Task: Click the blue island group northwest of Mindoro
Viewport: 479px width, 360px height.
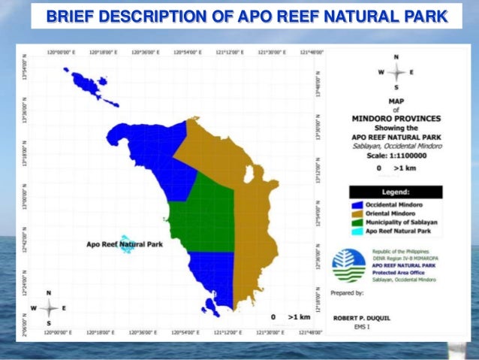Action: (x=89, y=86)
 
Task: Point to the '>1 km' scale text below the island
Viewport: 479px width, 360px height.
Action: (x=297, y=318)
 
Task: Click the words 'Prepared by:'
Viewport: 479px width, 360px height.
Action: (x=348, y=292)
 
